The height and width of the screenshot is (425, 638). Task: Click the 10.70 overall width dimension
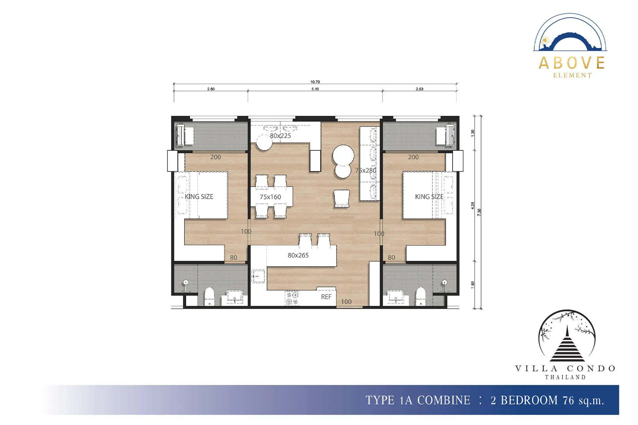click(x=315, y=82)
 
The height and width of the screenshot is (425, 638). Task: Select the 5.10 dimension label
click(x=315, y=89)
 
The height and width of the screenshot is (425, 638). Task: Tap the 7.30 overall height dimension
click(x=479, y=212)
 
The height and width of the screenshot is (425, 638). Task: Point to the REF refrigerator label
click(x=326, y=297)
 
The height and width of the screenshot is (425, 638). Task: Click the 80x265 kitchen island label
click(x=298, y=255)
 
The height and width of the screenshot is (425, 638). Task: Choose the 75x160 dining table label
click(x=270, y=197)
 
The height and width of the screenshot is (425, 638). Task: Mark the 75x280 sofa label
click(x=366, y=170)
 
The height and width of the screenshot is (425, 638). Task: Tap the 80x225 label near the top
click(x=280, y=136)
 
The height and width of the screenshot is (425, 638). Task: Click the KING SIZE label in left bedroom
click(x=199, y=197)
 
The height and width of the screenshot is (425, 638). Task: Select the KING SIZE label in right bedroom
click(x=429, y=197)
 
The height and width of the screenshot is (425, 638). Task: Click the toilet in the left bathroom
click(x=209, y=297)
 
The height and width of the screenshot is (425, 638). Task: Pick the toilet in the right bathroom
click(x=421, y=297)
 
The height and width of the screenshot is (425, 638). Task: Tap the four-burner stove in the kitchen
click(x=292, y=298)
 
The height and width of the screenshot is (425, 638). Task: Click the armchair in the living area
click(x=342, y=199)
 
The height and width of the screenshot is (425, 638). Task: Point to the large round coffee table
click(x=343, y=155)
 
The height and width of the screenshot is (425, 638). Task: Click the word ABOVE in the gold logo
click(x=572, y=63)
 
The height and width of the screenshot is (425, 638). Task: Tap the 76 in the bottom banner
click(x=569, y=400)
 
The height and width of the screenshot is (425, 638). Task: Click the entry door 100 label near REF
click(x=346, y=301)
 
